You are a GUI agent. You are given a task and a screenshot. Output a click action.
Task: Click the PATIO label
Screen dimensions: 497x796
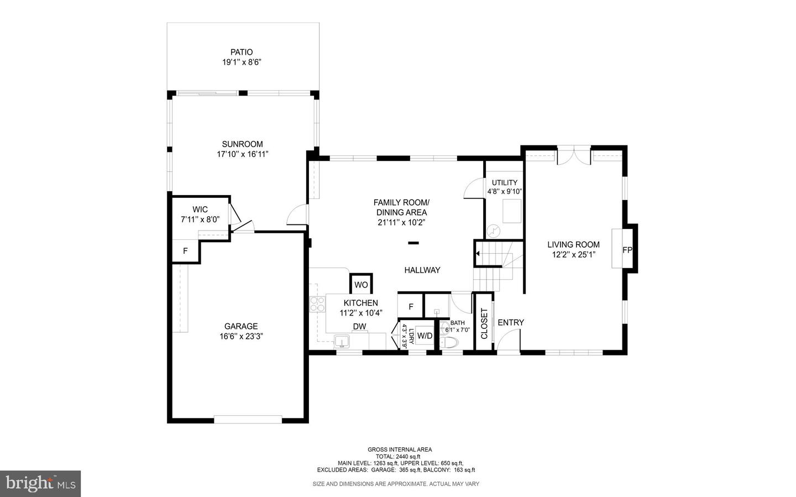(242, 53)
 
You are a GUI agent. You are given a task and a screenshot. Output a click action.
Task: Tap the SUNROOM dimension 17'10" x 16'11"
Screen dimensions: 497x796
(242, 155)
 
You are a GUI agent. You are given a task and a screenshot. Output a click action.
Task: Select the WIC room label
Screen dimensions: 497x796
(200, 210)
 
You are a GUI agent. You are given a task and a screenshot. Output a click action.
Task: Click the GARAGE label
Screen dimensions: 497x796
(241, 326)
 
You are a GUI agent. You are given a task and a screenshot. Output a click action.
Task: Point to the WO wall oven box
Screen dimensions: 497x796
(361, 285)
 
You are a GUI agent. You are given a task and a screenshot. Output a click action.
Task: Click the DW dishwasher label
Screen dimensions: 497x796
(359, 327)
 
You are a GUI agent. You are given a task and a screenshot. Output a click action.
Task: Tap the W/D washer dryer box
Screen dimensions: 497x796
(425, 335)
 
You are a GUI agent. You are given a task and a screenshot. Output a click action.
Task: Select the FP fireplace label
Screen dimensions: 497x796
(627, 250)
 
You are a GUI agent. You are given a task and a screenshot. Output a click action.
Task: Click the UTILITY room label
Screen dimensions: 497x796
(505, 183)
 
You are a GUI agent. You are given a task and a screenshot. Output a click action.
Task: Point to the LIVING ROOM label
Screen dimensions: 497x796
(573, 245)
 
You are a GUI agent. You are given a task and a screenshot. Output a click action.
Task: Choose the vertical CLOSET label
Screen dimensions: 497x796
(484, 323)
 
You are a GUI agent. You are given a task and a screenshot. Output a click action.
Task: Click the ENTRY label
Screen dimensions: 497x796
(511, 322)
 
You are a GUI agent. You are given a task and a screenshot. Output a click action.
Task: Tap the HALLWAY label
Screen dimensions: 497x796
(422, 270)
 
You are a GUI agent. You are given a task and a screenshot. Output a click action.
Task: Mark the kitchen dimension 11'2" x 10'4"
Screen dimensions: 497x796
(361, 313)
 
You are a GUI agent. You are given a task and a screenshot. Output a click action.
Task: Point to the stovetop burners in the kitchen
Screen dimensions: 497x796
(317, 305)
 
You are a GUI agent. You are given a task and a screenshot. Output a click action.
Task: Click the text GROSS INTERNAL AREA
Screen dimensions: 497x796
(400, 449)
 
